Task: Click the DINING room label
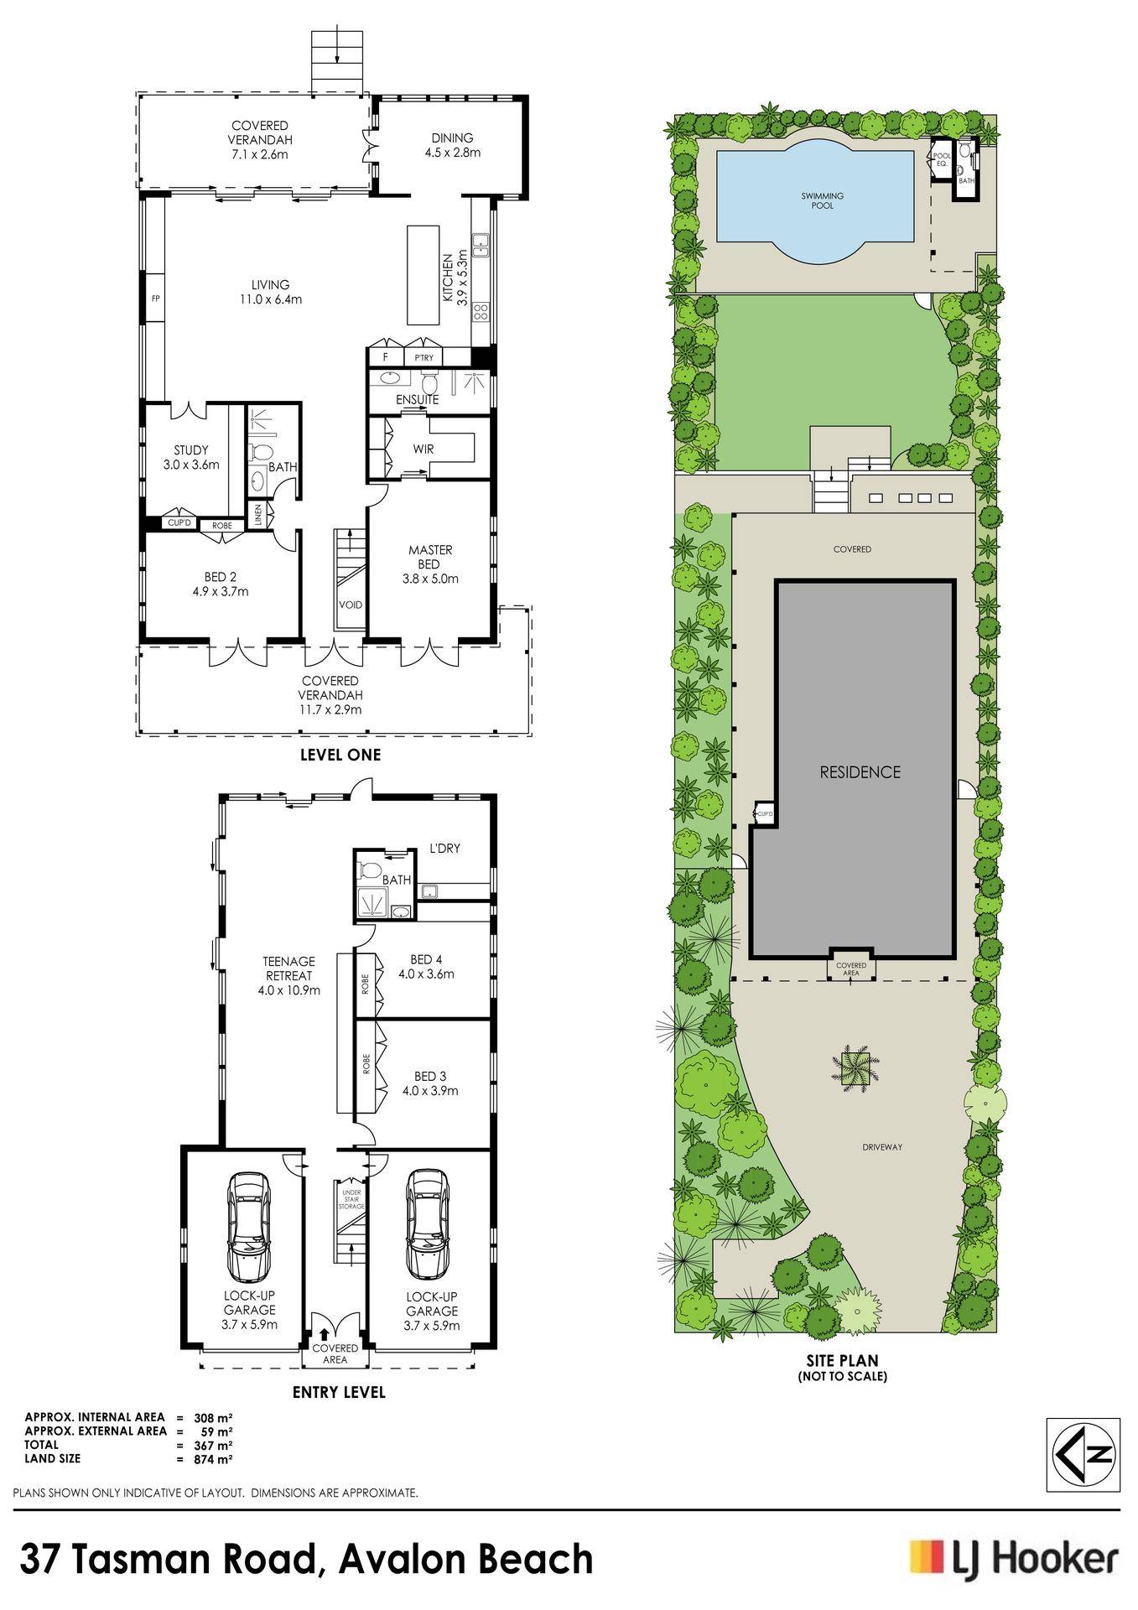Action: click(452, 138)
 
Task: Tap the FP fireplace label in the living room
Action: click(155, 298)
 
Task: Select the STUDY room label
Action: click(191, 450)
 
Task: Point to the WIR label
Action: click(424, 449)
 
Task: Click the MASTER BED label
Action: click(430, 557)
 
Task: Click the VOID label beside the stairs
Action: click(351, 604)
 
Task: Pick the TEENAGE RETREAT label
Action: click(288, 969)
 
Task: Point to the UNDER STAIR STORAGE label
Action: click(351, 1197)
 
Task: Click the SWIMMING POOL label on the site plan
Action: click(823, 200)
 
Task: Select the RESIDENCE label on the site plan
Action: click(860, 772)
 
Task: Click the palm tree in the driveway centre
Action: click(854, 1067)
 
